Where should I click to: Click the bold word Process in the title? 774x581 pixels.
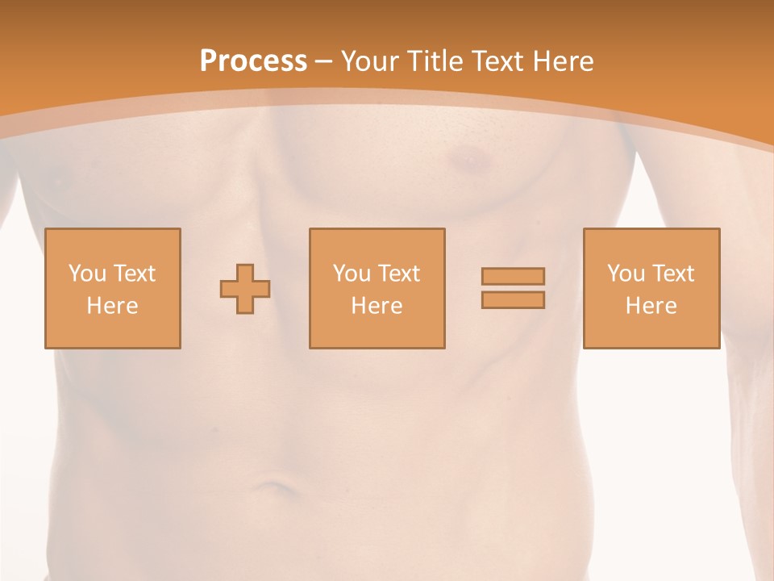[253, 61]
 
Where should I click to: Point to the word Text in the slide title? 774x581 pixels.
[498, 61]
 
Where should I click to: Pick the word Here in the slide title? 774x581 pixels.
[564, 61]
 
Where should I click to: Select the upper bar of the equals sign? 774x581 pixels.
[513, 277]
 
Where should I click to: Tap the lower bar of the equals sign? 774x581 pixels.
[513, 300]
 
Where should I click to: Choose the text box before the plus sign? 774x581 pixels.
[113, 242]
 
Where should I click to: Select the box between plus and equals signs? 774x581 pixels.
[377, 242]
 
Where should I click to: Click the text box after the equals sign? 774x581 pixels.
[651, 242]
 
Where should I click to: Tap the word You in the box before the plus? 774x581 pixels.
[86, 274]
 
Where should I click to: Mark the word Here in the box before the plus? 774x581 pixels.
[113, 306]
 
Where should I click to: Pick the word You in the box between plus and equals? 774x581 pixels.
[351, 274]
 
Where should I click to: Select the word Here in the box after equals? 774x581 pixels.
[651, 306]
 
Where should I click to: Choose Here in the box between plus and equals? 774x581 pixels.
[377, 306]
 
